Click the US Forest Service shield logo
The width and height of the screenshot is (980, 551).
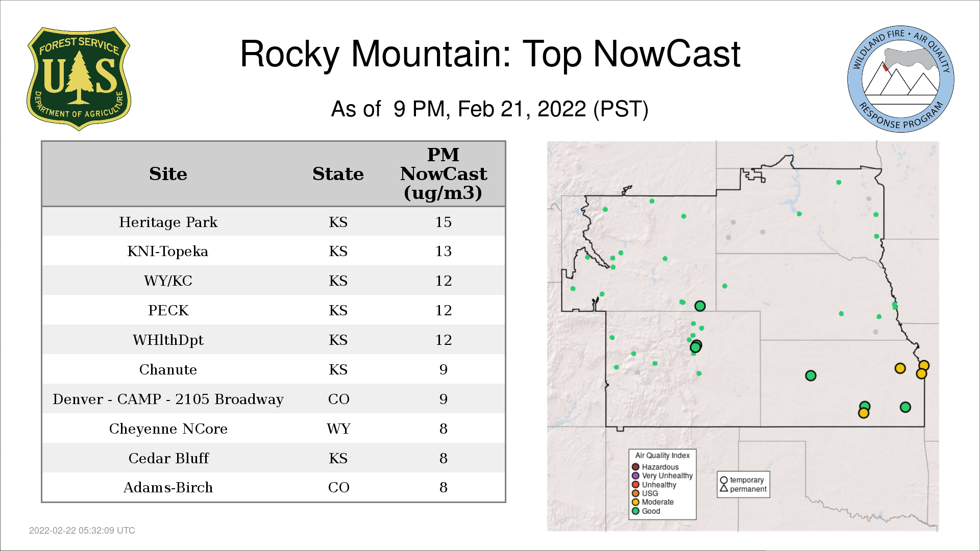pos(79,79)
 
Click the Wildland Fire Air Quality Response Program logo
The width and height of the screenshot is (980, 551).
pos(900,79)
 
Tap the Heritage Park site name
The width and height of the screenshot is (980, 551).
pos(168,222)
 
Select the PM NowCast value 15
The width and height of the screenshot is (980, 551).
pos(443,222)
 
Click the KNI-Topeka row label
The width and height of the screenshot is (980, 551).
pos(168,251)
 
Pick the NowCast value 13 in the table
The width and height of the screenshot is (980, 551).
pos(443,251)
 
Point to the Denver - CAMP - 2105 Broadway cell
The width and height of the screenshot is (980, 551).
pos(168,399)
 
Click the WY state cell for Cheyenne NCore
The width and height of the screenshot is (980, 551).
pos(338,429)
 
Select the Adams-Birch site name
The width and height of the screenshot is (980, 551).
pos(168,487)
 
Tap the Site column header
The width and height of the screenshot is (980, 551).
pos(168,174)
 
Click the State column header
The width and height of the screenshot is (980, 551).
pos(338,174)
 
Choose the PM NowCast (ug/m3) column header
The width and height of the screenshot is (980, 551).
pos(443,174)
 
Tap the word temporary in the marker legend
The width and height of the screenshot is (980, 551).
pos(747,480)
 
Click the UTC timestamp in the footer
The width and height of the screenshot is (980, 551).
pos(82,531)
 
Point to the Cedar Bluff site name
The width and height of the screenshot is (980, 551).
pos(168,458)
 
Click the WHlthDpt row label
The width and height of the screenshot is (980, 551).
pos(168,340)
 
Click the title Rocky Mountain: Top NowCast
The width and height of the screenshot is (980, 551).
pos(490,54)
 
